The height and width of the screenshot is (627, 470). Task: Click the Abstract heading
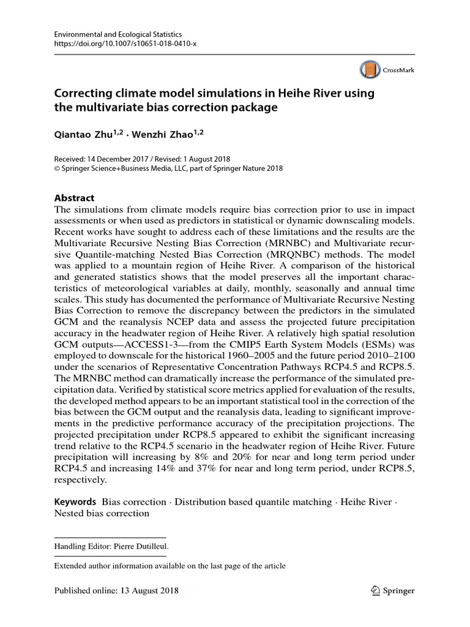coord(75,198)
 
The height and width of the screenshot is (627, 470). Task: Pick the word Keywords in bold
coord(75,501)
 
